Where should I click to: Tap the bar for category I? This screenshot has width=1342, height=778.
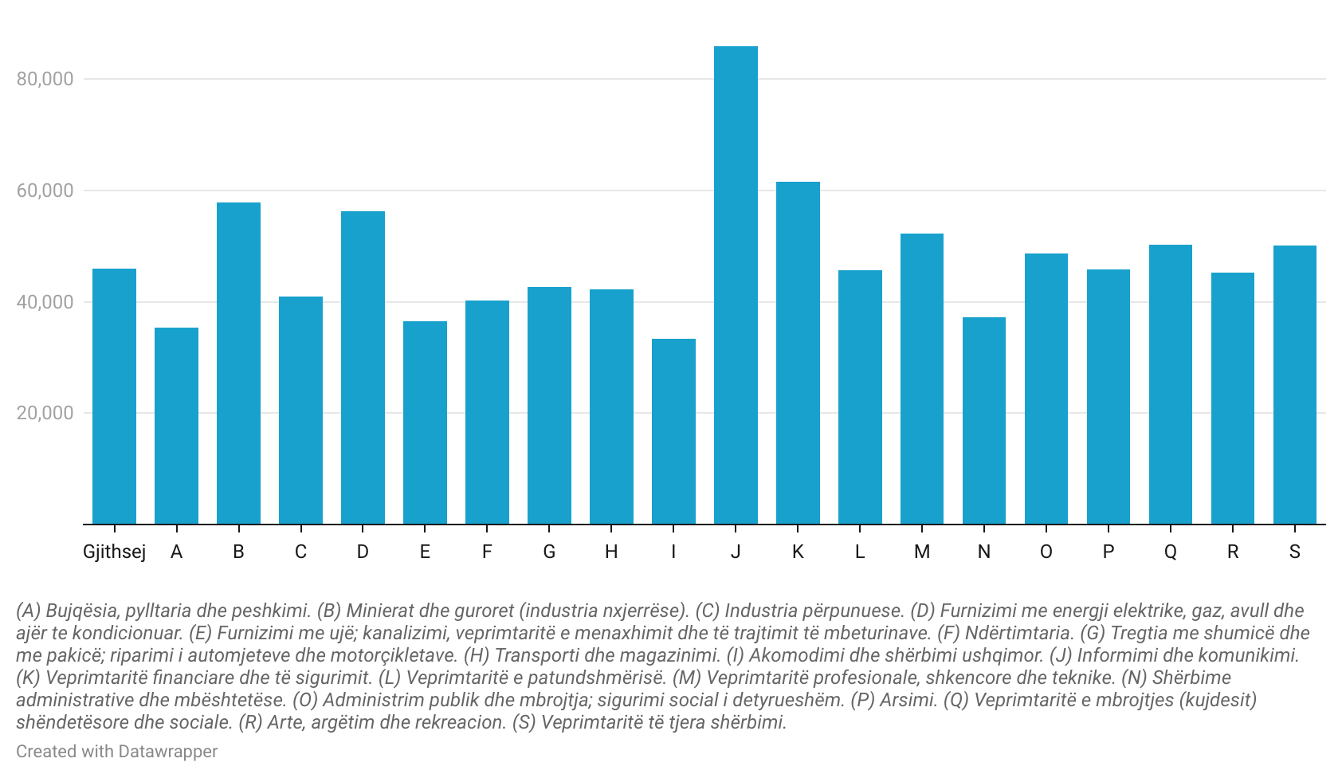pyautogui.click(x=673, y=431)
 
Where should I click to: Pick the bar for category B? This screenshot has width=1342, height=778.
pyautogui.click(x=238, y=363)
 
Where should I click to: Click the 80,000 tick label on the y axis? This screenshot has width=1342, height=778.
pyautogui.click(x=45, y=79)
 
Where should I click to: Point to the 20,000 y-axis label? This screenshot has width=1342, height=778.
pyautogui.click(x=45, y=413)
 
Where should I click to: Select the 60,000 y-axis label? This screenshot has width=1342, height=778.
pyautogui.click(x=45, y=191)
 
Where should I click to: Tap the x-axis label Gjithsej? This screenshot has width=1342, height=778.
pyautogui.click(x=114, y=552)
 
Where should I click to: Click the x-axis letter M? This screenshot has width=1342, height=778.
pyautogui.click(x=922, y=552)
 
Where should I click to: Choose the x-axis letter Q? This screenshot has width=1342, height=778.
pyautogui.click(x=1171, y=552)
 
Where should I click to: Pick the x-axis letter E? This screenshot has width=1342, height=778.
pyautogui.click(x=425, y=552)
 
